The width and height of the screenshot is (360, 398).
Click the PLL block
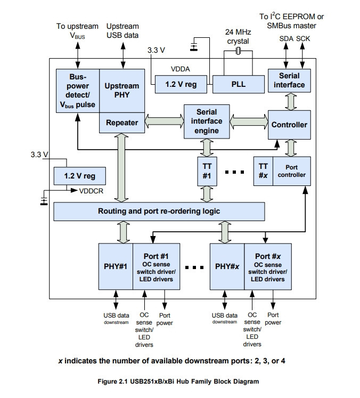pyautogui.click(x=238, y=84)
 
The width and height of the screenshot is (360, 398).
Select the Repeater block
pyautogui.click(x=122, y=123)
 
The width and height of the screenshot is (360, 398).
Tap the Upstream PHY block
pyautogui.click(x=122, y=91)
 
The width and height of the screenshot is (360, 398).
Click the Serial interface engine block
pyautogui.click(x=207, y=121)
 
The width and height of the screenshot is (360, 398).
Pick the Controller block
pyautogui.click(x=289, y=125)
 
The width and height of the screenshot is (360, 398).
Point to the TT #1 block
pyautogui.click(x=207, y=171)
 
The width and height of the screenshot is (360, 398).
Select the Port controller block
pyautogui.click(x=291, y=171)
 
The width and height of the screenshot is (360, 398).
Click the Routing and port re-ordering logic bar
pyautogui.click(x=159, y=212)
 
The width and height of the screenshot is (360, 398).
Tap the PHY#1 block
pyautogui.click(x=116, y=266)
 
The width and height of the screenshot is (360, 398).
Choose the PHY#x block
pyautogui.click(x=227, y=266)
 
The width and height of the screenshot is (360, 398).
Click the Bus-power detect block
pyautogui.click(x=78, y=91)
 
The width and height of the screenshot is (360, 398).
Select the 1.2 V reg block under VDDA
pyautogui.click(x=181, y=84)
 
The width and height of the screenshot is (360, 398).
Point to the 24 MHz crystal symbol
pyautogui.click(x=238, y=51)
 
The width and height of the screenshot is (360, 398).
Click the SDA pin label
pyautogui.click(x=286, y=38)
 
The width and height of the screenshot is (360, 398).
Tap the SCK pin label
pyautogui.click(x=303, y=38)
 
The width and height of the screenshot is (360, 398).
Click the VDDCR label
pyautogui.click(x=91, y=191)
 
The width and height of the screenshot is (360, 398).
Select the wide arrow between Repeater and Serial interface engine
pyautogui.click(x=165, y=121)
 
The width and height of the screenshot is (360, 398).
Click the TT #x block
pyautogui.click(x=263, y=171)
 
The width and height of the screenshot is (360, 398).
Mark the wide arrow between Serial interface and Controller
pyautogui.click(x=291, y=102)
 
